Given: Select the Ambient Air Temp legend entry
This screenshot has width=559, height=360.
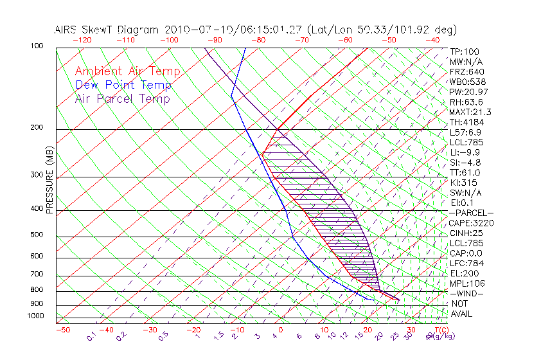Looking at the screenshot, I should [x=127, y=72].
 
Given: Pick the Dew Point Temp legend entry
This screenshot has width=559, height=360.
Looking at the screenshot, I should [x=123, y=85].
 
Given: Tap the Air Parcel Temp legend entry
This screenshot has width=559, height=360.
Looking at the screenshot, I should [x=122, y=99].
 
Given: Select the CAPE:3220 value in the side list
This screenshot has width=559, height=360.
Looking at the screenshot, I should [x=471, y=223].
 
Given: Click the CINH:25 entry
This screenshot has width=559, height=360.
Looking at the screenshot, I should [x=466, y=233].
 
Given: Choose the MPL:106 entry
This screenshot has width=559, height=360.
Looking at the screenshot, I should [x=467, y=283].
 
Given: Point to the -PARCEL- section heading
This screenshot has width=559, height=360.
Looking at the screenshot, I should [x=471, y=213].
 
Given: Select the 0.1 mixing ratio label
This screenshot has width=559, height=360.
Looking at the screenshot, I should [x=91, y=336].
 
